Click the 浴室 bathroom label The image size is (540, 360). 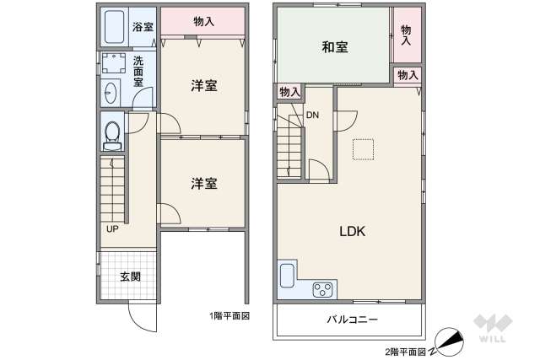[x=143, y=26]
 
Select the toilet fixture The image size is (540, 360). [x=111, y=134]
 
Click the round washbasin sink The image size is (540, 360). [x=111, y=92]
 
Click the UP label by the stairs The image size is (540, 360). [x=111, y=228]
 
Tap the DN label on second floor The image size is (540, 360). [x=312, y=115]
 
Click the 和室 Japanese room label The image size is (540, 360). [x=335, y=47]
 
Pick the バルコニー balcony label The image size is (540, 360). [x=352, y=320]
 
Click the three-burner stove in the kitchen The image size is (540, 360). [x=322, y=289]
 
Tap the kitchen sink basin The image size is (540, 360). [x=286, y=275]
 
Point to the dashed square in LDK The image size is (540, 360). [x=363, y=148]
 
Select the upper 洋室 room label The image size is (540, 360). [x=203, y=85]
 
